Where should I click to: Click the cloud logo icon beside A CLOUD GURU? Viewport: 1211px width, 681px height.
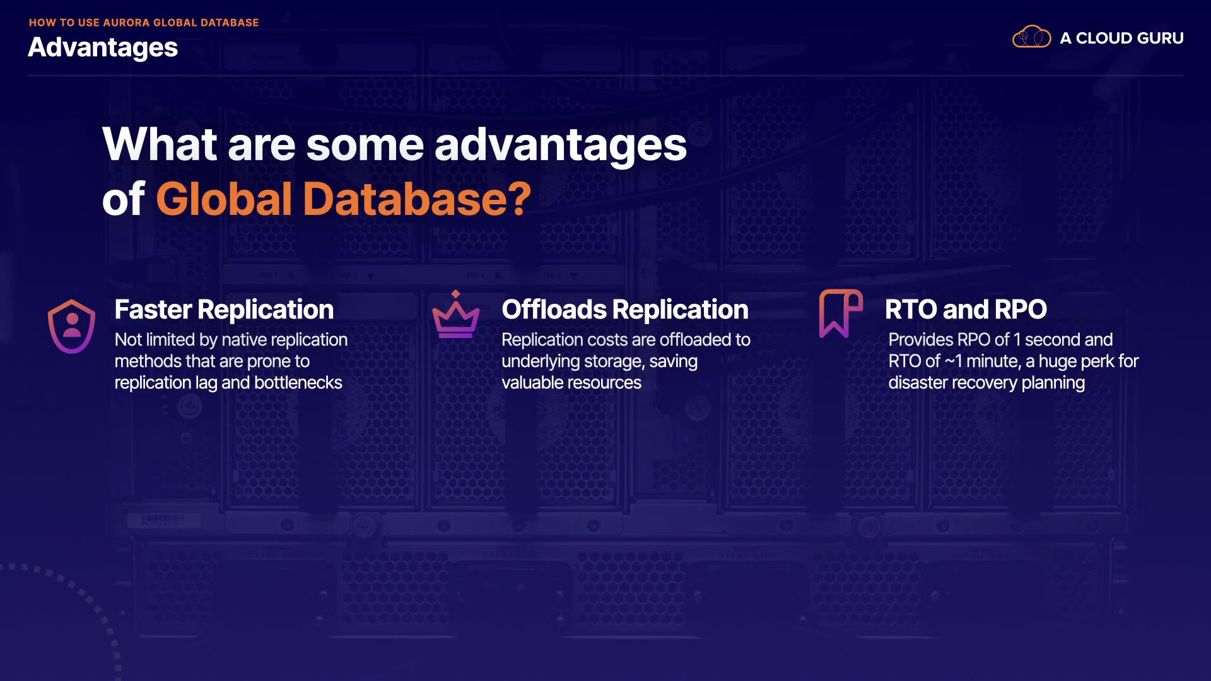point(1031,37)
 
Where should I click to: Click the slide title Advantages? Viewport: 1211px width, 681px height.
point(103,48)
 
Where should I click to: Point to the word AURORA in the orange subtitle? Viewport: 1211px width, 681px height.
point(126,23)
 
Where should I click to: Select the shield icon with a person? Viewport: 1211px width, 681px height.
point(72,326)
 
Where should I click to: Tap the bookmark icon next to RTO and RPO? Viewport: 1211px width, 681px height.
point(841,313)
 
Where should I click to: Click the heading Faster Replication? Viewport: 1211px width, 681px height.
point(224,310)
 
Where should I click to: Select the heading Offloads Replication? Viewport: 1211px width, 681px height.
point(625,310)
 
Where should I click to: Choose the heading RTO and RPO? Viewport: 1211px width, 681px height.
point(966,310)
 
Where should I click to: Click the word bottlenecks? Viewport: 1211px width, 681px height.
point(298,383)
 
